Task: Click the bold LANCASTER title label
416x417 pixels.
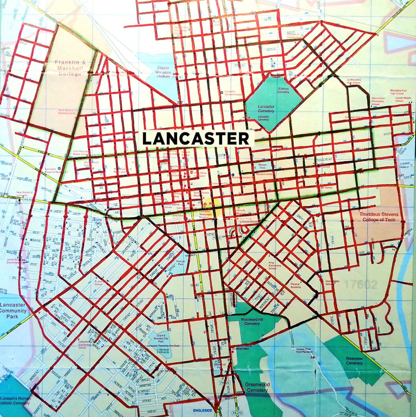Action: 196,138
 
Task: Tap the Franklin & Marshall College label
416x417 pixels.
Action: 71,67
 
